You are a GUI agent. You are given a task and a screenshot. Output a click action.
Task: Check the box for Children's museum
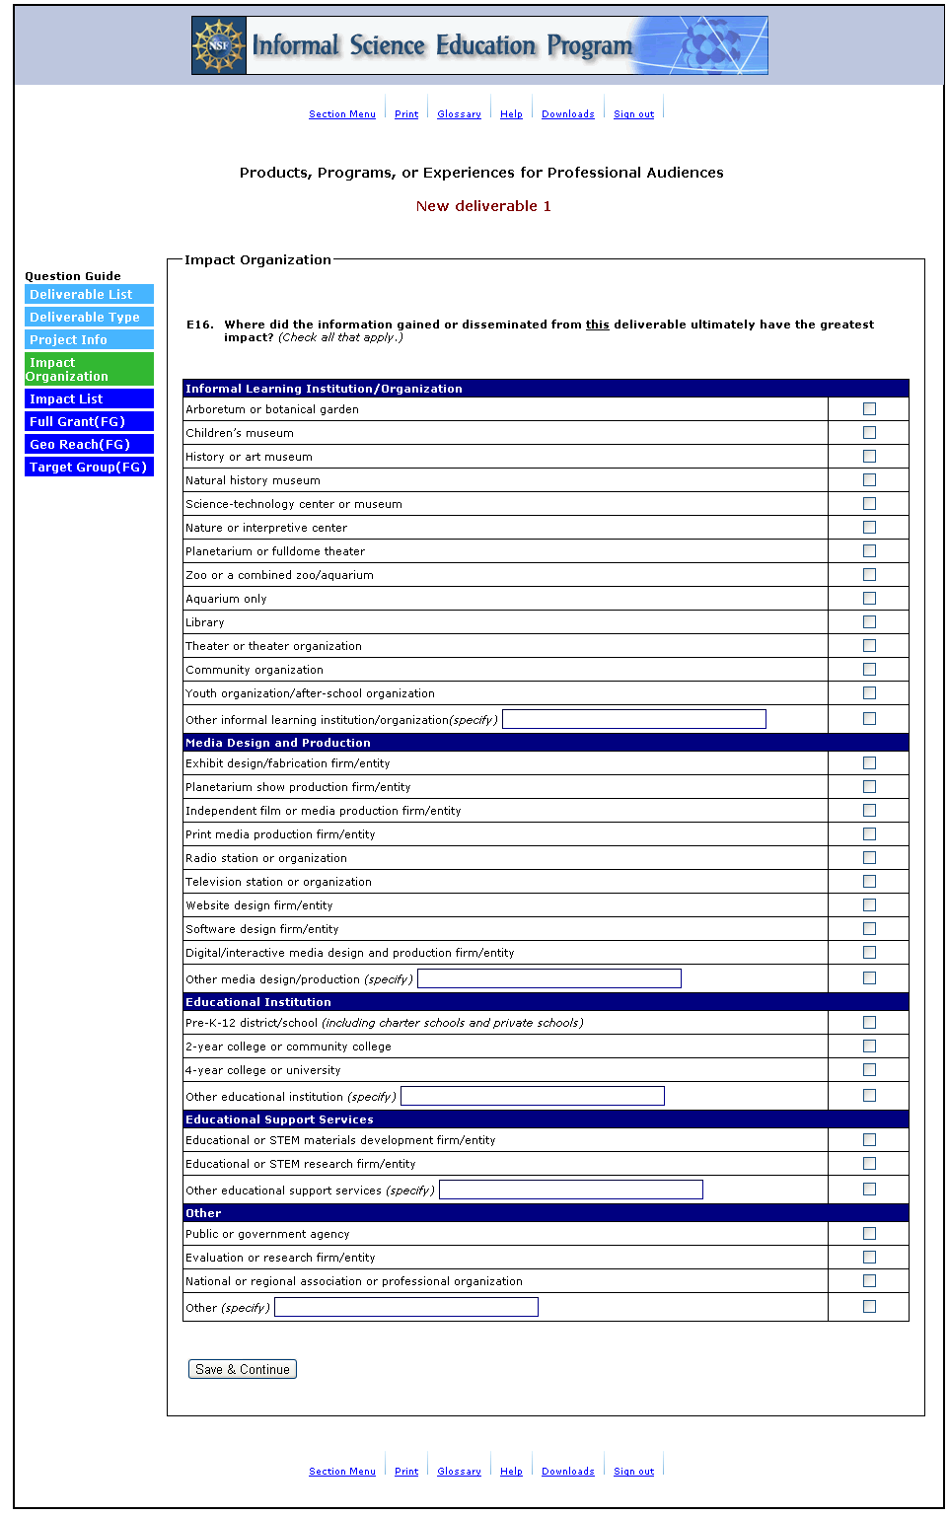point(869,433)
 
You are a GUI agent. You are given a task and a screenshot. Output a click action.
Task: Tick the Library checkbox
point(869,622)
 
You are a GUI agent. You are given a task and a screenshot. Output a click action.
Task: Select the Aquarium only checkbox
point(869,599)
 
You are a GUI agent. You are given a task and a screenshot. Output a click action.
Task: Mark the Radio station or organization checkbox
point(869,858)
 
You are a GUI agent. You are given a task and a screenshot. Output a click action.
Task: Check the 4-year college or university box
point(869,1070)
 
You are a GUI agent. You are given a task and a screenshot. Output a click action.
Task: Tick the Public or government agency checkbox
point(869,1234)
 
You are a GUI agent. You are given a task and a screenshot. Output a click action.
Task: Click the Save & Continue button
point(243,1369)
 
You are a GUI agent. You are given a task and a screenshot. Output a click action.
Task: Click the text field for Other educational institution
point(533,1096)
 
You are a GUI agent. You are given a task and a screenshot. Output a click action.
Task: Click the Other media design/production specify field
point(549,978)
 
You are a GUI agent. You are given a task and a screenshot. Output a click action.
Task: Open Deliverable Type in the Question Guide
point(89,317)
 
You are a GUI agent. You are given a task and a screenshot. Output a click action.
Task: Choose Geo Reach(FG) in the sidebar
point(89,444)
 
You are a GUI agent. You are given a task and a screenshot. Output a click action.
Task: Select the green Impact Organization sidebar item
point(89,369)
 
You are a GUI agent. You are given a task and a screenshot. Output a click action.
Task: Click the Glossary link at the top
point(459,114)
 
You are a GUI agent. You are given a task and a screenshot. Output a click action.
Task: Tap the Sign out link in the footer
point(633,1472)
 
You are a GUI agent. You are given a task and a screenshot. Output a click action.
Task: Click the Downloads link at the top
point(567,114)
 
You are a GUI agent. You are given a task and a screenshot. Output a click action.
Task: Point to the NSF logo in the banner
point(219,45)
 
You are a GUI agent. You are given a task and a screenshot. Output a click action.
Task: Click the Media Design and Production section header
point(278,743)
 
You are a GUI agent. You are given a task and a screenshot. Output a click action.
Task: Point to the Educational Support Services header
point(279,1119)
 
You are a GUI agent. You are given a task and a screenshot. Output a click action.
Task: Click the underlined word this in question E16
point(597,325)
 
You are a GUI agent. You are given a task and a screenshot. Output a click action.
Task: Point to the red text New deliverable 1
point(483,206)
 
